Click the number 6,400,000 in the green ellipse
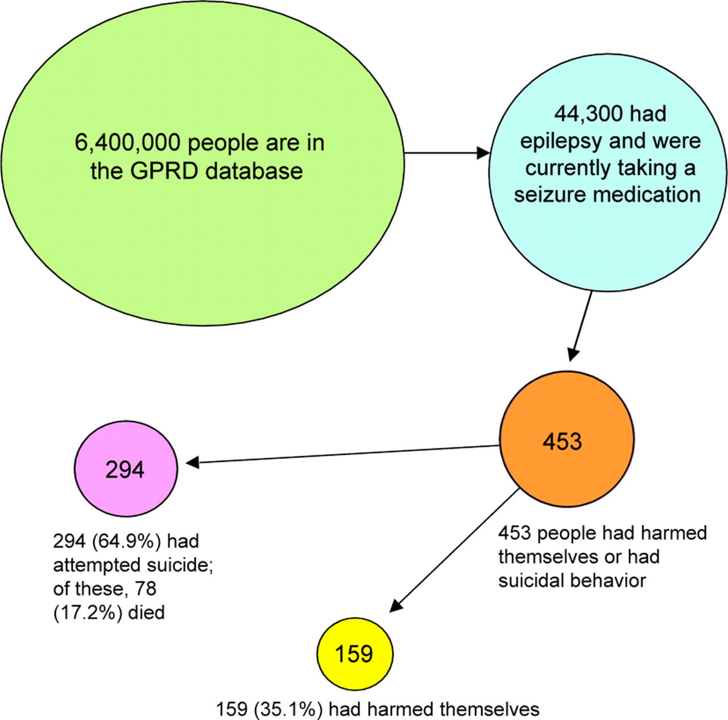[127, 143]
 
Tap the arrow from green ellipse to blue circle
[446, 153]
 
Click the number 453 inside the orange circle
[562, 441]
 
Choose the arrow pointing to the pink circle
[341, 455]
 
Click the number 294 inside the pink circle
[125, 470]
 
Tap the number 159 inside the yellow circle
[354, 653]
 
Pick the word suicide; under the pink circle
[179, 565]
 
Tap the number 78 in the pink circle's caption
[146, 589]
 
